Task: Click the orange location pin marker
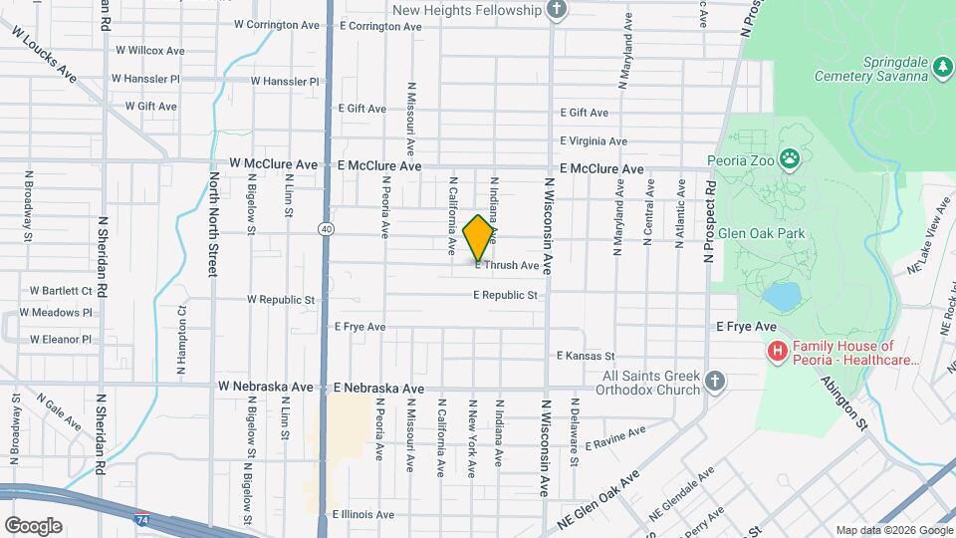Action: coord(479,237)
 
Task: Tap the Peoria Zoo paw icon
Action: coord(790,156)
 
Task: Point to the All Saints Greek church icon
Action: coord(714,381)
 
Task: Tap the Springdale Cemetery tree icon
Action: coord(942,67)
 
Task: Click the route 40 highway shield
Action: coord(327,229)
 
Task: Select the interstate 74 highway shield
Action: coord(142,519)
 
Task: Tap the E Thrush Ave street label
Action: coord(507,266)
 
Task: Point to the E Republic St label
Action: coord(506,295)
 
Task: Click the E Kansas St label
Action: coord(586,356)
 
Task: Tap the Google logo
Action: coord(33,525)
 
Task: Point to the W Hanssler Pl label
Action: coord(145,78)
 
